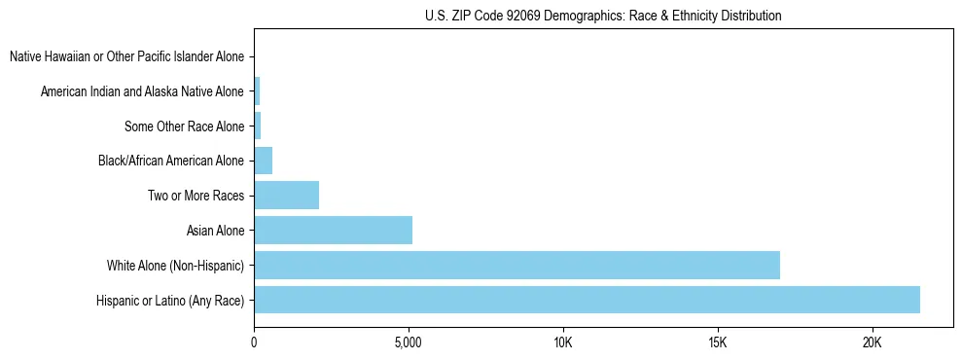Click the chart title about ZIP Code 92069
[603, 17]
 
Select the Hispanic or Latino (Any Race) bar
[587, 300]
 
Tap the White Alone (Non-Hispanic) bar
[517, 265]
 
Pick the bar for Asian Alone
[333, 230]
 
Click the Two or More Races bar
[286, 195]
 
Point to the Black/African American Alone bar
[263, 160]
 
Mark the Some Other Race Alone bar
[257, 126]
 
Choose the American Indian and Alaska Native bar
[257, 91]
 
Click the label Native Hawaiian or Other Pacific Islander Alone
[126, 57]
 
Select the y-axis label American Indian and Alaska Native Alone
[143, 91]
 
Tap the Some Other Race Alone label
[185, 126]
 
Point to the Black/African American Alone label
[171, 161]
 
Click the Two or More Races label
[196, 196]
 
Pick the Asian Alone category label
[216, 231]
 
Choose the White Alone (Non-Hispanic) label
[175, 266]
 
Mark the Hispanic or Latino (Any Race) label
[170, 301]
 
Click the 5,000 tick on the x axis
[409, 342]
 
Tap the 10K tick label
[562, 342]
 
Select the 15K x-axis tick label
[717, 342]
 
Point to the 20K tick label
[872, 342]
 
